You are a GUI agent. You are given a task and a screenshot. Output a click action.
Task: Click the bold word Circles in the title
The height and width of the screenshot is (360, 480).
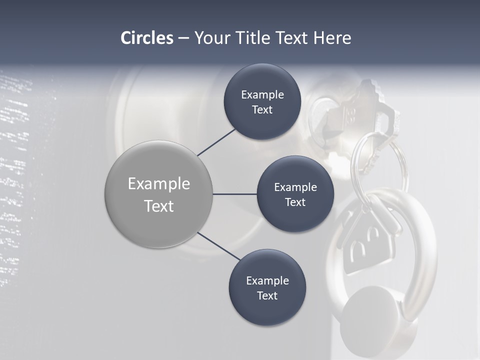tap(147, 38)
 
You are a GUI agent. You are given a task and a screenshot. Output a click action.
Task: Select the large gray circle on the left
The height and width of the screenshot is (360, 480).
tap(158, 194)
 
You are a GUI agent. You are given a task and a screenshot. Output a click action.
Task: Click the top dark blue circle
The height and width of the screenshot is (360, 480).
tap(262, 102)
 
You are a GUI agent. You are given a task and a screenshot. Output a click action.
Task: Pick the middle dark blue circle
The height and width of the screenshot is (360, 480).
tap(295, 194)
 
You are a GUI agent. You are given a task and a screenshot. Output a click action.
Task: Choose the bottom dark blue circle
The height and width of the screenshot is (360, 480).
tap(267, 287)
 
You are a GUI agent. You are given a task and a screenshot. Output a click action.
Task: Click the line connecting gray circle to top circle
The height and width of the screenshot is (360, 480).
tap(216, 142)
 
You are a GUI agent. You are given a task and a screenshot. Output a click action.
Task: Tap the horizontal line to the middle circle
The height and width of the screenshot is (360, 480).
tap(234, 194)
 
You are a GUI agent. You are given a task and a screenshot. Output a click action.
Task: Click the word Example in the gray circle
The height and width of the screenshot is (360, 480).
tap(158, 183)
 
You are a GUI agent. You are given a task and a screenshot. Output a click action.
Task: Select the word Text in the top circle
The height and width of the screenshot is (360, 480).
tap(262, 110)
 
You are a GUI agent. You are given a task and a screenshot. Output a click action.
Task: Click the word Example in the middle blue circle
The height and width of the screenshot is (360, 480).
tap(295, 187)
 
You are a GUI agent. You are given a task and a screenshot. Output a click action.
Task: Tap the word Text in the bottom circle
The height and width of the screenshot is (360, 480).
tap(267, 295)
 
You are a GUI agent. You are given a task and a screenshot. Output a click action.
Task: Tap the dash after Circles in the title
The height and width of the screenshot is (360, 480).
tap(183, 38)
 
